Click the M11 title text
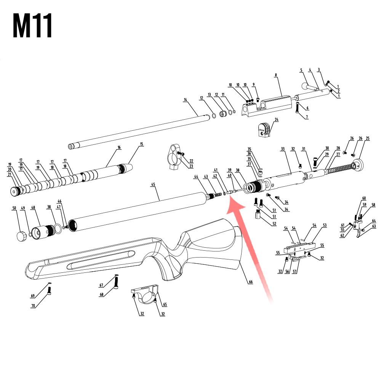32,26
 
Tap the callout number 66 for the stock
251,282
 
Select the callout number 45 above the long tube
153,185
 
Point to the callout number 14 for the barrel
186,100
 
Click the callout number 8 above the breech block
275,75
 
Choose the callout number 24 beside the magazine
277,120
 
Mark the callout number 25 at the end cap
368,138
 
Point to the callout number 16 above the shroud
119,147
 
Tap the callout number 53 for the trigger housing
325,226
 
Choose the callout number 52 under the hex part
274,224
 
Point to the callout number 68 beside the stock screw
101,294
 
